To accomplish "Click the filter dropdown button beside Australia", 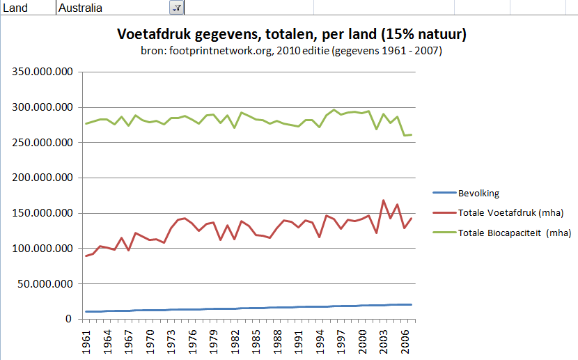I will click(x=176, y=8).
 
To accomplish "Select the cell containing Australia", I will click(x=111, y=8).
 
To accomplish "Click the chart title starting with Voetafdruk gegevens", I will click(x=291, y=34).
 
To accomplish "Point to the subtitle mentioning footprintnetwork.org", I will click(x=291, y=51).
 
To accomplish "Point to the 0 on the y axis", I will click(x=69, y=319).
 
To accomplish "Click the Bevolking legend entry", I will click(x=478, y=193).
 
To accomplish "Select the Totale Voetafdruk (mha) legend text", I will click(x=510, y=212).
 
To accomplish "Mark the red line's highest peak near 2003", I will click(x=384, y=201).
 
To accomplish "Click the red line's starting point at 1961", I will click(x=86, y=256).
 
